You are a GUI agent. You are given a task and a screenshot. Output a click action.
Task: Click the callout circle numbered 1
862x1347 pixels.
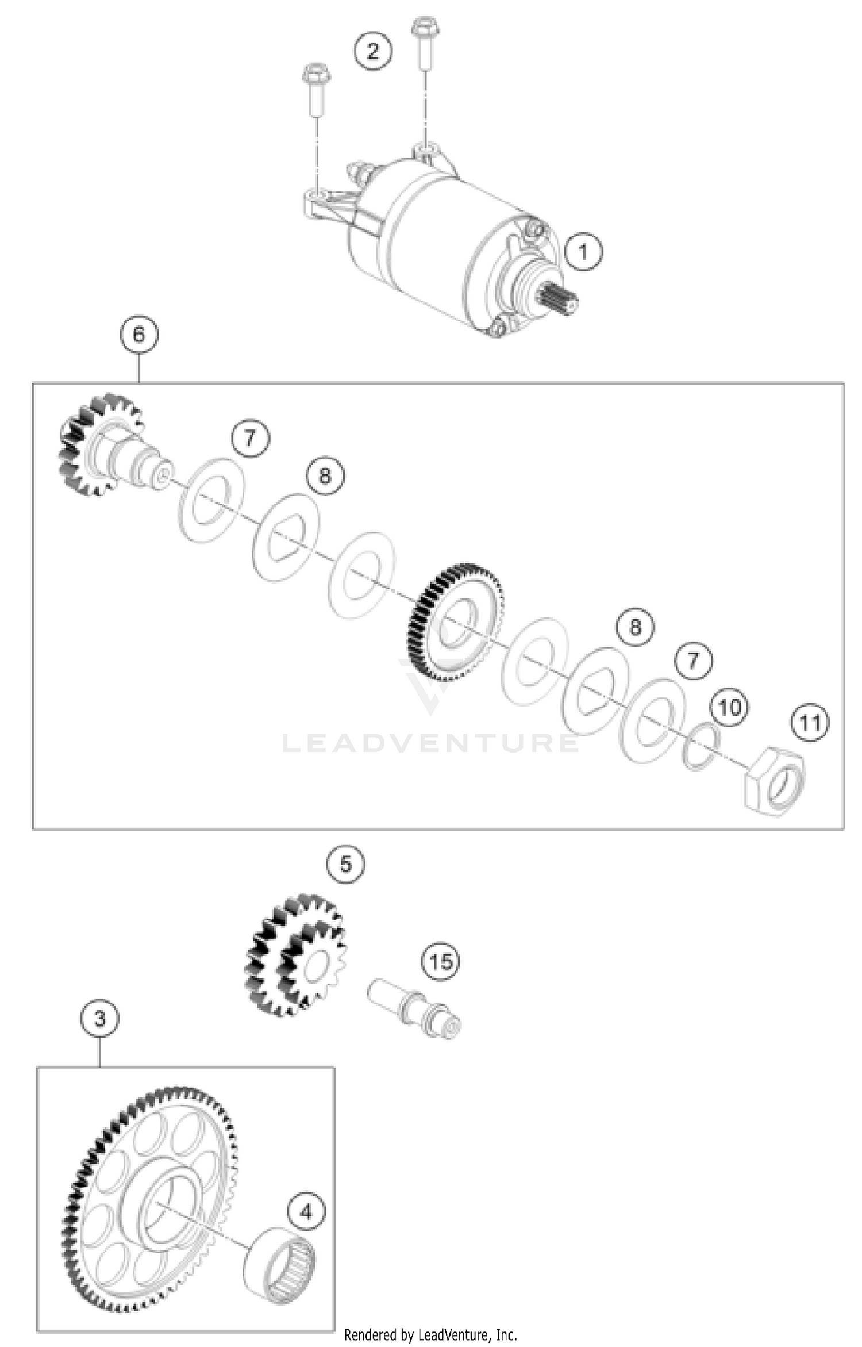tap(583, 252)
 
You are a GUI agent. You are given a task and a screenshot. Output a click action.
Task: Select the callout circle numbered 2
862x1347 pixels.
tap(373, 52)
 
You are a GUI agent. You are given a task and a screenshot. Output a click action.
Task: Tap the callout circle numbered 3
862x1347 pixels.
tap(100, 1019)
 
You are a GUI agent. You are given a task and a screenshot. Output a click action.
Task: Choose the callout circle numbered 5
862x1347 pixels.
tap(345, 864)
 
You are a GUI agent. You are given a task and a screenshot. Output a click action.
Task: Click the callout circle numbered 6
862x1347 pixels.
tap(139, 334)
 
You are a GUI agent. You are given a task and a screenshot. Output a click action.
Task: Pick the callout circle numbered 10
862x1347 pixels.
tap(730, 707)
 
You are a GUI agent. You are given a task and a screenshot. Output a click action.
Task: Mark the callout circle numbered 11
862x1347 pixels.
tap(810, 723)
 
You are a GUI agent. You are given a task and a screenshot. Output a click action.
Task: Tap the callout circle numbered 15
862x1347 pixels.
tap(441, 961)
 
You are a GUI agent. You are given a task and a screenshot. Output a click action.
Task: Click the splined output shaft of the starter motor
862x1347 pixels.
tap(557, 299)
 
